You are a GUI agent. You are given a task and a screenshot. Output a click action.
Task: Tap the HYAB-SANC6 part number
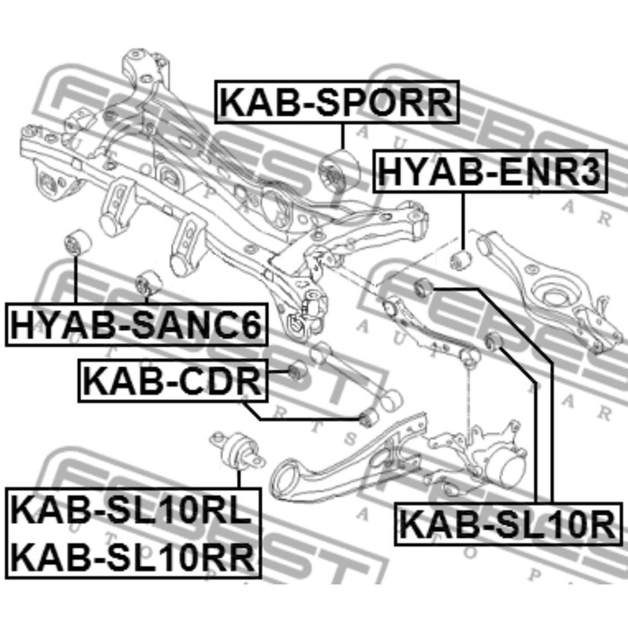coord(135,324)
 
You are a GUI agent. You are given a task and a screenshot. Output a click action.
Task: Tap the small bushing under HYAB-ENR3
coord(460,261)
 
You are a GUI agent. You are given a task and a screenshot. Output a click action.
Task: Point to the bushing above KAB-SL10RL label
coord(240,446)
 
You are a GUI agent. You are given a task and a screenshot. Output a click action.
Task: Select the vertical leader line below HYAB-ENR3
coord(463,221)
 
